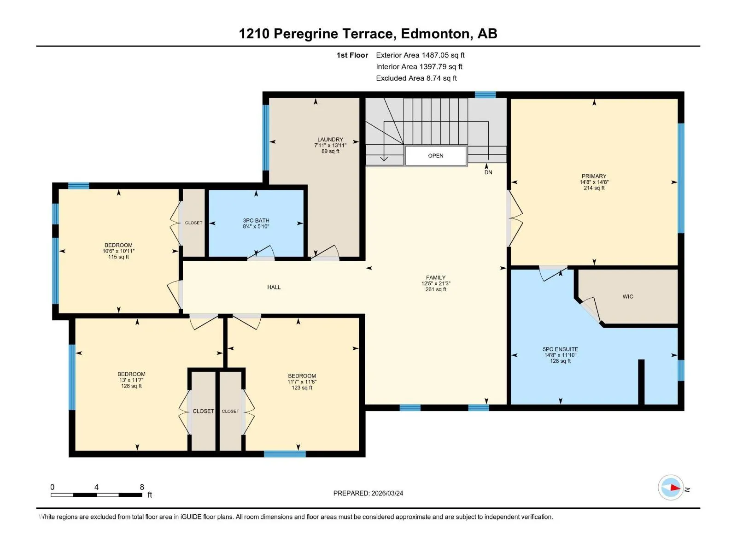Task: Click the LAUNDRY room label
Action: (x=330, y=139)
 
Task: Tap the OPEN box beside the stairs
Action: (x=435, y=156)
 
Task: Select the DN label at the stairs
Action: (x=488, y=172)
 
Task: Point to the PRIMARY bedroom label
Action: (x=594, y=176)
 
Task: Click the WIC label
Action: (x=627, y=296)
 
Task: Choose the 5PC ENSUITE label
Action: (x=561, y=349)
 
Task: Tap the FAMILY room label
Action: (x=436, y=277)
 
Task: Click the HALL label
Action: (x=274, y=287)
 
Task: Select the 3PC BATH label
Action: (x=256, y=220)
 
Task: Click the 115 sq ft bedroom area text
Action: (x=118, y=257)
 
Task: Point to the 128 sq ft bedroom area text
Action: (x=131, y=386)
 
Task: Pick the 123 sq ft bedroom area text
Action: (x=302, y=388)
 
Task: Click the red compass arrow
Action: (x=674, y=488)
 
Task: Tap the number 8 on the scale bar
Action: (x=142, y=487)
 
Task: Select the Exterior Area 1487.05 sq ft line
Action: (x=420, y=55)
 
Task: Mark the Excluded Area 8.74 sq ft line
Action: (x=416, y=78)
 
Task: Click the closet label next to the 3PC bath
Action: (x=194, y=223)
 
